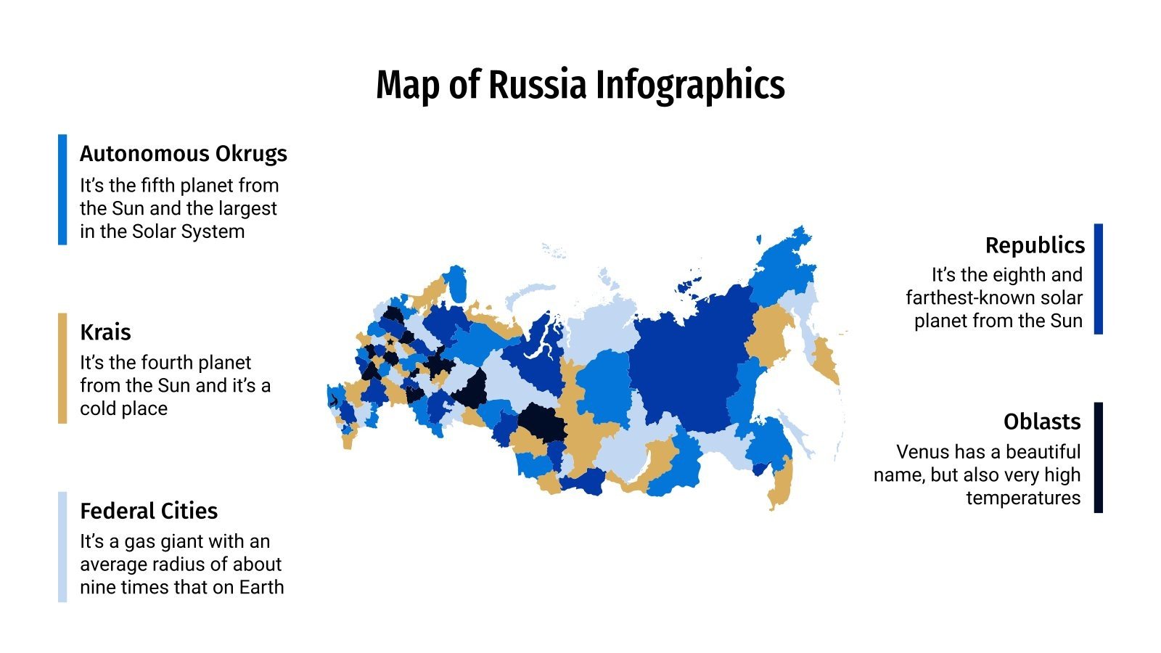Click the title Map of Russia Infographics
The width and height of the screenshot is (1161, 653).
tap(580, 85)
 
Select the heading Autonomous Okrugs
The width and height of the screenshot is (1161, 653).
tap(183, 154)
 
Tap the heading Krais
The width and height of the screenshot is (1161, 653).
tap(105, 332)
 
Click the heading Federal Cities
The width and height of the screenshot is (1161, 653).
tap(149, 511)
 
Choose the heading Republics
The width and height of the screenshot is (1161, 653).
tap(1034, 245)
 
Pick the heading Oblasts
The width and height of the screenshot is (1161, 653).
tap(1041, 422)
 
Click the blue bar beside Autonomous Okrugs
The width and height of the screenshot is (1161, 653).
tap(62, 189)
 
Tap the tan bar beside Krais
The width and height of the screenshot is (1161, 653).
tap(62, 368)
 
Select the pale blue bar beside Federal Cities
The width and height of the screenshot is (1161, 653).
tap(62, 547)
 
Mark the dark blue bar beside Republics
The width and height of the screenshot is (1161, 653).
tap(1098, 279)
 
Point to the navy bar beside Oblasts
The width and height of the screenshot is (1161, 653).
tap(1098, 458)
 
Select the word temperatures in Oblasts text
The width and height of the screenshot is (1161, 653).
tap(1022, 498)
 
